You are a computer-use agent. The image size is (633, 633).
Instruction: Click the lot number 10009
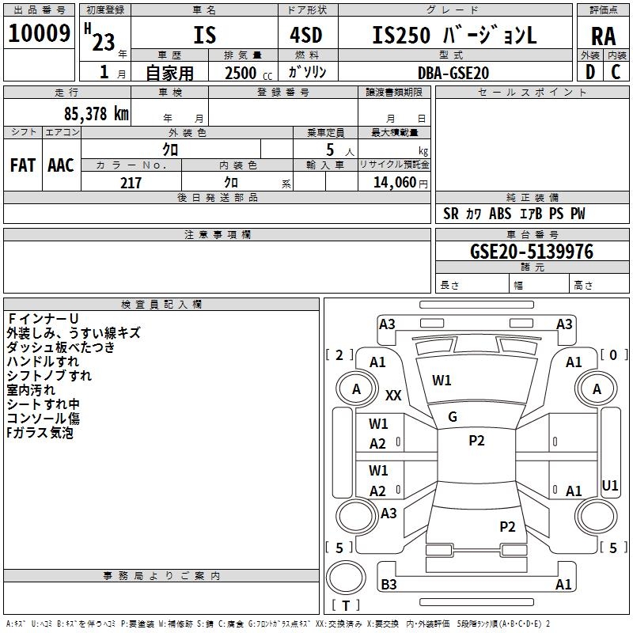(x=39, y=33)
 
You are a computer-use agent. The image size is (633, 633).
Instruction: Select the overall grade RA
(x=604, y=36)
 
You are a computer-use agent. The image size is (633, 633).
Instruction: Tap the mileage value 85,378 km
(x=96, y=114)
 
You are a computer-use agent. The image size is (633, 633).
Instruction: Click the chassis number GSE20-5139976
(x=532, y=252)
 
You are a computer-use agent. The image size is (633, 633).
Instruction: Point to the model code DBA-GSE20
(x=453, y=73)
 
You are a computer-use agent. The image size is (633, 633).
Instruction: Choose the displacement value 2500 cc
(x=248, y=73)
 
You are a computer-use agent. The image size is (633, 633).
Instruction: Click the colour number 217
(x=131, y=183)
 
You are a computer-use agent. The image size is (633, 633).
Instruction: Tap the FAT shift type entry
(x=23, y=165)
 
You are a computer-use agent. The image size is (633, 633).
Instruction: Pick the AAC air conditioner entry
(x=61, y=165)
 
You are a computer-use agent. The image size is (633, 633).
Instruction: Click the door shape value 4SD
(x=306, y=35)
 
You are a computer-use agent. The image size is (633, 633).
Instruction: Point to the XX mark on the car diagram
(x=393, y=395)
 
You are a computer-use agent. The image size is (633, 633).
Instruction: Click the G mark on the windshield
(x=453, y=417)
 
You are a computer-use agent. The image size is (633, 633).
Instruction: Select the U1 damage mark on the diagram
(x=609, y=485)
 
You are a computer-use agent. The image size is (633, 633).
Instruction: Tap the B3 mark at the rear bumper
(x=389, y=584)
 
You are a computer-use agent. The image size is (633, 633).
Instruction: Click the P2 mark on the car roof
(x=476, y=441)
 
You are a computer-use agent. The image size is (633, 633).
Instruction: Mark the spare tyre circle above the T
(x=346, y=578)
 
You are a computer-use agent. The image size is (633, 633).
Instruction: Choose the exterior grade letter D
(x=590, y=72)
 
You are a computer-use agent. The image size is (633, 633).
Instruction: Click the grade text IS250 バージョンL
(x=454, y=35)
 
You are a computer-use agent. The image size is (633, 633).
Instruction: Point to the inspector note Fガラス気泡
(x=40, y=433)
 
